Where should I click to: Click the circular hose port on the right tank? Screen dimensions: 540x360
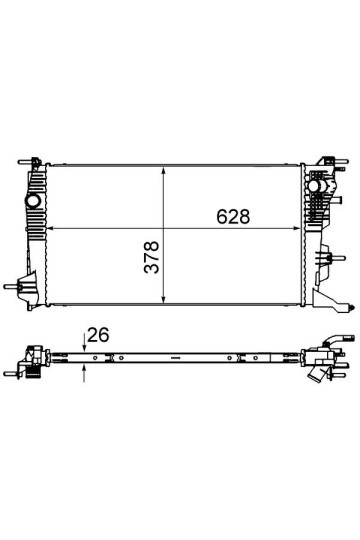coord(318,190)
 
